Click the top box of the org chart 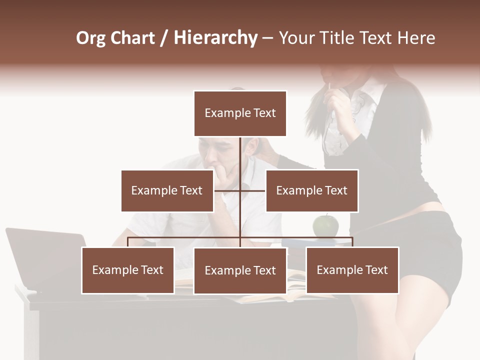click(x=240, y=113)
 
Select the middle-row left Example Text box click(x=167, y=190)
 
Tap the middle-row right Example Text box click(x=311, y=190)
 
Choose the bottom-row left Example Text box click(x=127, y=270)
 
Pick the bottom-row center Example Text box click(x=240, y=270)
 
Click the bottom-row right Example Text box click(x=352, y=270)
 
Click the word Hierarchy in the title click(x=215, y=38)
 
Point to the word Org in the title click(x=90, y=38)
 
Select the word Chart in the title click(x=132, y=38)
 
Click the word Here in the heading click(x=415, y=38)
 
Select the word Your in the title click(x=296, y=38)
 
